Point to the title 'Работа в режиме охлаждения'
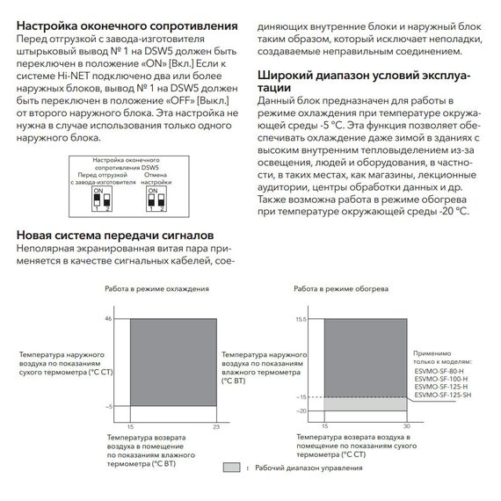pos(156,289)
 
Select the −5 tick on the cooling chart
pos(121,407)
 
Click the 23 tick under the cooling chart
pos(215,425)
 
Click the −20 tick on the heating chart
pos(300,411)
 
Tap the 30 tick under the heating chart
pos(406,425)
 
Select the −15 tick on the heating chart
pos(300,398)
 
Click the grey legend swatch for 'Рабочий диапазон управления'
pos(231,468)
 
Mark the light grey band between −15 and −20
pos(365,405)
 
